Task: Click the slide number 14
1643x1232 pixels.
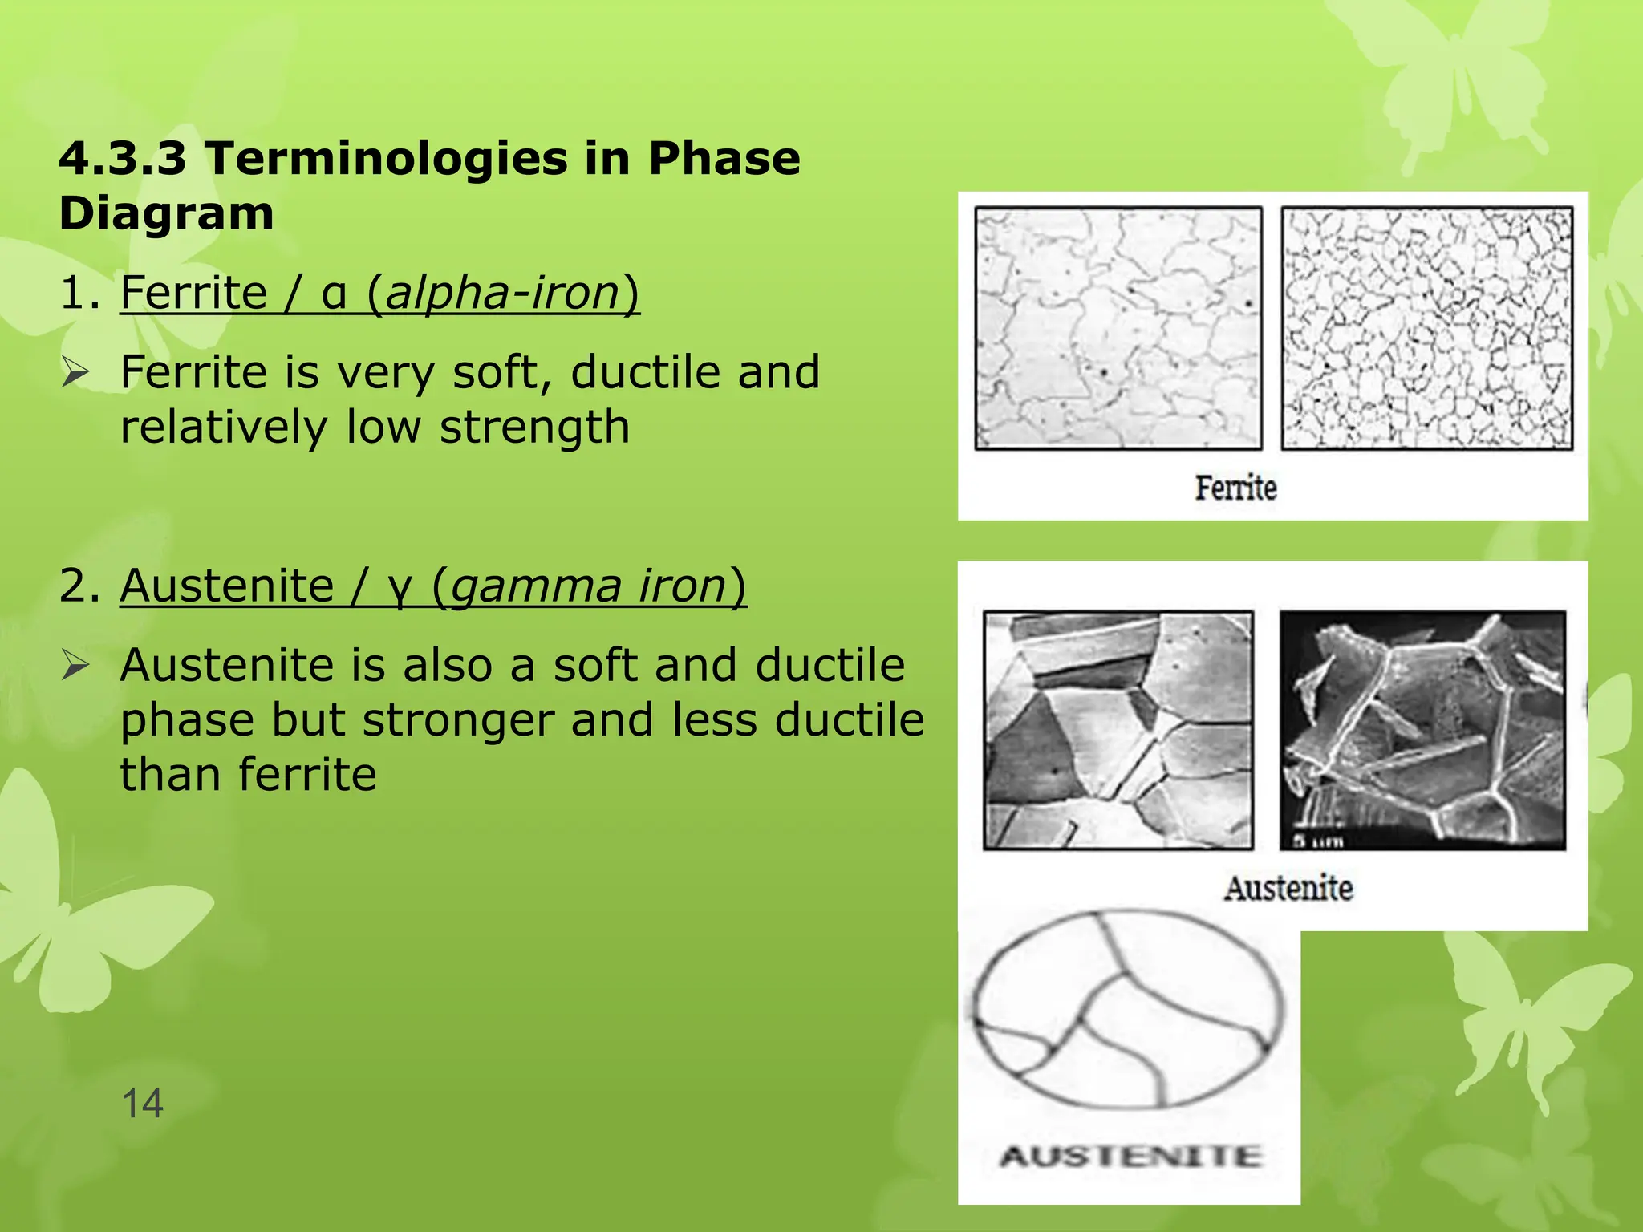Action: [x=142, y=1103]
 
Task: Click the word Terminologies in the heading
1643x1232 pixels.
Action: [x=385, y=158]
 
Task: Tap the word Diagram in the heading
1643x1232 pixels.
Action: [x=166, y=213]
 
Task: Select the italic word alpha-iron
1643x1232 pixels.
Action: [x=503, y=292]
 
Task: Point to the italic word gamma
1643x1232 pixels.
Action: [x=535, y=586]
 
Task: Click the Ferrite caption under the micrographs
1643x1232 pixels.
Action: [x=1235, y=488]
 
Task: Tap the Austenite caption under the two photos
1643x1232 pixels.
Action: [x=1288, y=889]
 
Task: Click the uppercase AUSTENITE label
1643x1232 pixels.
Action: [x=1130, y=1157]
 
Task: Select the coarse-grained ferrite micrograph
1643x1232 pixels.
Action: [x=1118, y=328]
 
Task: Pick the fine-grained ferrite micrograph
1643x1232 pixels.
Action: [x=1426, y=328]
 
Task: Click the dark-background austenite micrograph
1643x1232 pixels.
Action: [x=1422, y=730]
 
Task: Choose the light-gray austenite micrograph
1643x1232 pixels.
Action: [x=1118, y=730]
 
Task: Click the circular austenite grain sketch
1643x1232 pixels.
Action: [x=1128, y=1009]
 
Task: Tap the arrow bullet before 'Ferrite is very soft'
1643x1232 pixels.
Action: [x=76, y=373]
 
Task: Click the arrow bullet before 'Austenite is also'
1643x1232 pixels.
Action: [x=76, y=666]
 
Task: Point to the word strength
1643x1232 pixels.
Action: [x=534, y=427]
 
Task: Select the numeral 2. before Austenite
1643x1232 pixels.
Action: [x=79, y=586]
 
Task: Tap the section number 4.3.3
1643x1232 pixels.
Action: [x=123, y=158]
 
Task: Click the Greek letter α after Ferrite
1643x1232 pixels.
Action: [x=334, y=294]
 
